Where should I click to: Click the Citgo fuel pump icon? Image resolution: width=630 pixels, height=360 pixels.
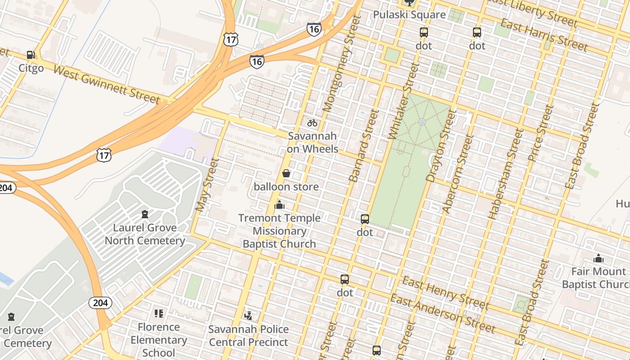[x=31, y=55]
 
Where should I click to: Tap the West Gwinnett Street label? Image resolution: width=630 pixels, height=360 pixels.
[x=106, y=84]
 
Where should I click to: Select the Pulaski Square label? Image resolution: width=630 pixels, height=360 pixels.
[x=409, y=14]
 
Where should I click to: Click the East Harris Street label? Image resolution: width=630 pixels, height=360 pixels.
[x=544, y=35]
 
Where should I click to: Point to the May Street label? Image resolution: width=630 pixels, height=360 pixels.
[x=207, y=185]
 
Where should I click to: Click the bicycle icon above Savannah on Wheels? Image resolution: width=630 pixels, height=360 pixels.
[x=312, y=122]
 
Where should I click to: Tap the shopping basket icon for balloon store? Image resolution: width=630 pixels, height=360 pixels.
[x=286, y=173]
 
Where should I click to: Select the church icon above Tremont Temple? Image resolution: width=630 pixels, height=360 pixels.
[x=279, y=205]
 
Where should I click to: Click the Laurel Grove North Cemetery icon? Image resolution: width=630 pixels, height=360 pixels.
[x=145, y=214]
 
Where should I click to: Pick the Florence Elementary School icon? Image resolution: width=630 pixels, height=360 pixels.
[x=158, y=313]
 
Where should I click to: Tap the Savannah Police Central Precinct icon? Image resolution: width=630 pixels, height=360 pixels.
[x=248, y=315]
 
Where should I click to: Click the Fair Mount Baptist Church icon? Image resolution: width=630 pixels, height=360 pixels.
[x=598, y=258]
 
